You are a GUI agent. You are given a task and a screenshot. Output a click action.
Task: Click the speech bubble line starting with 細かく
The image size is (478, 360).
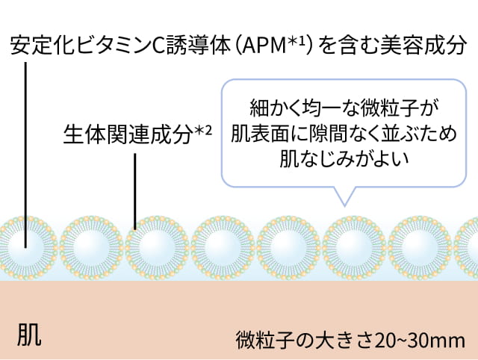[340, 107]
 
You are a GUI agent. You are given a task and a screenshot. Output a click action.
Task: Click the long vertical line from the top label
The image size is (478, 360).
[25, 149]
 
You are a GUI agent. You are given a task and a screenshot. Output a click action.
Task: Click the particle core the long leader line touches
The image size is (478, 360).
[25, 246]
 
